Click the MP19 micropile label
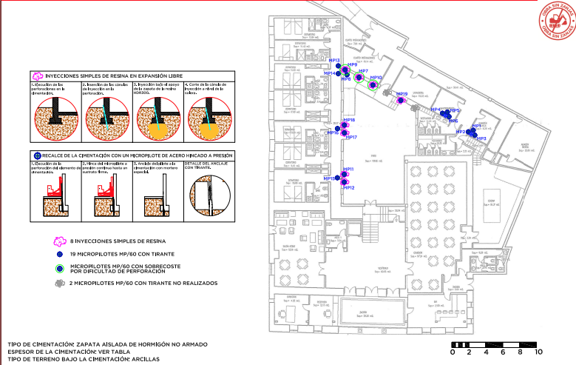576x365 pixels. coord(401,94)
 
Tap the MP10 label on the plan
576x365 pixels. coord(376,78)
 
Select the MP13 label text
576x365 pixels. coord(333,61)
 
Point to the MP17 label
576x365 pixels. coord(350,138)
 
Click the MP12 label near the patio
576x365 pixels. coord(349,187)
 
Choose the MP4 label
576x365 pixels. coord(436,110)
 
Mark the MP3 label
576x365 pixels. coord(481,138)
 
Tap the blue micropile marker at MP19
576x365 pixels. coord(401,101)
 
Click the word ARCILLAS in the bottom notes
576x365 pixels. coord(143,359)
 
